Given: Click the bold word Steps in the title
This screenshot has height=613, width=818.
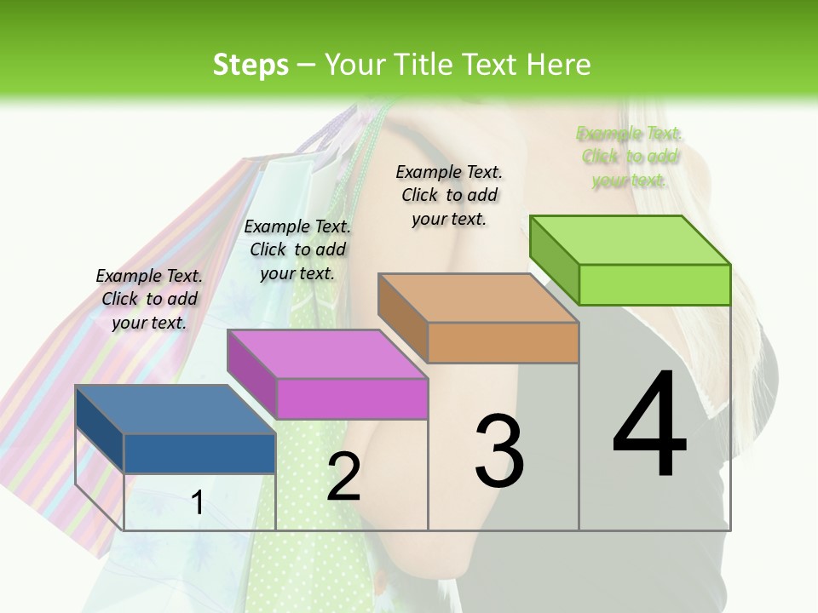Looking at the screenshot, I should [x=250, y=65].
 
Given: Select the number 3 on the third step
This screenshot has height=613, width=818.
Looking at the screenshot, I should [x=499, y=450].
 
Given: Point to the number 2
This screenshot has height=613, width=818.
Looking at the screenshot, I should [x=343, y=476].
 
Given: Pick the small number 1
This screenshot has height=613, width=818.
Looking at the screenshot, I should [x=197, y=502].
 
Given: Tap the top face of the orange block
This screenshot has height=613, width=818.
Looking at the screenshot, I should [x=478, y=298].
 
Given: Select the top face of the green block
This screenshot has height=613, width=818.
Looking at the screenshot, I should [x=630, y=240].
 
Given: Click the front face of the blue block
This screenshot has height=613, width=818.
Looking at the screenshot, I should [x=199, y=453].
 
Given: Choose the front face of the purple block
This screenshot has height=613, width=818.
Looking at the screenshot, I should [x=352, y=398].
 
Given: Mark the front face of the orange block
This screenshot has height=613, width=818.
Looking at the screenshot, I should [x=503, y=342].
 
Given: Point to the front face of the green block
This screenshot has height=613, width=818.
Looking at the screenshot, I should [x=654, y=284].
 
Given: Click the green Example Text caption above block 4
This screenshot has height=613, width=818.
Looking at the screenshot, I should [x=630, y=157].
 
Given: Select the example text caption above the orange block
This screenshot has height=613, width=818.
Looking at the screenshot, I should [x=449, y=195].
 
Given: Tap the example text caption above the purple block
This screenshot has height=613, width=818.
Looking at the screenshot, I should [x=297, y=249].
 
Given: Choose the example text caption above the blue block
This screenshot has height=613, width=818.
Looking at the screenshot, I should [x=149, y=299].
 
